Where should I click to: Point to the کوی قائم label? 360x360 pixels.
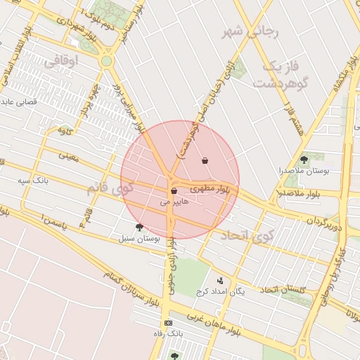click(109, 189)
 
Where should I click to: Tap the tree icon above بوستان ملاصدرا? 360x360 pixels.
click(304, 160)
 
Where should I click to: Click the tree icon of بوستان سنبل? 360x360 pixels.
click(139, 227)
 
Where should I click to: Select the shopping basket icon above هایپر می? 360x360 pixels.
click(174, 191)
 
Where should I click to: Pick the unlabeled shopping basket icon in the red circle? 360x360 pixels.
click(205, 161)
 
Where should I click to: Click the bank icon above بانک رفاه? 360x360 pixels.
click(168, 323)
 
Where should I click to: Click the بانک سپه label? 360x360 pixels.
click(34, 180)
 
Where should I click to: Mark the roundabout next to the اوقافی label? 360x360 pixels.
click(106, 61)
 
